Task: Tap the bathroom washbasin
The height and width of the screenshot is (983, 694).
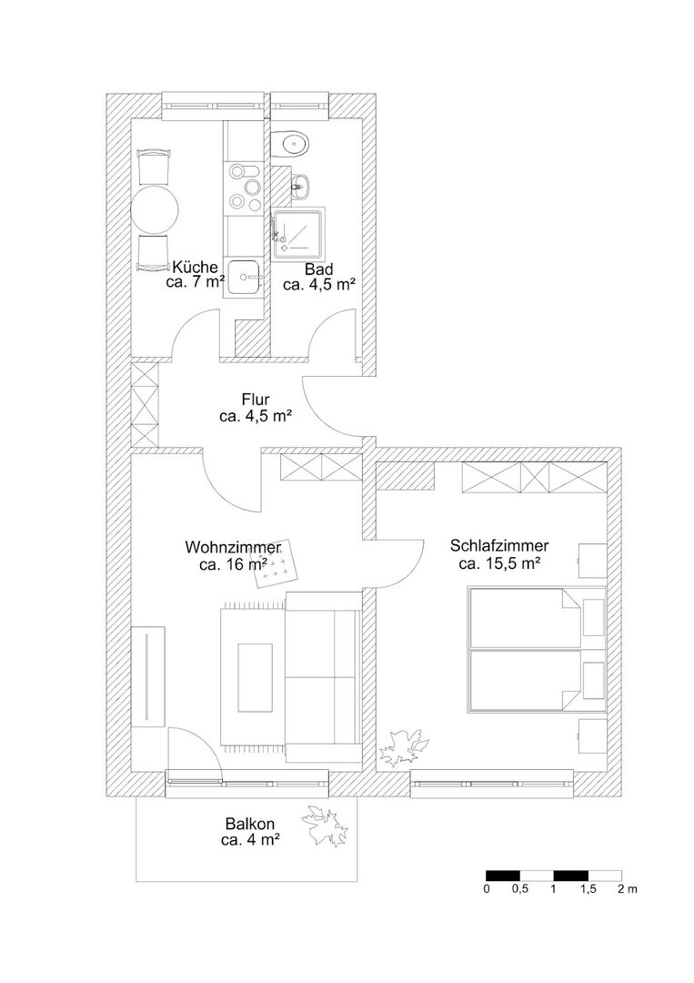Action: tap(301, 185)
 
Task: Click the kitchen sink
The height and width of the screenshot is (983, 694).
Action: tap(245, 277)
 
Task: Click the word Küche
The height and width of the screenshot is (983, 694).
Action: tap(196, 266)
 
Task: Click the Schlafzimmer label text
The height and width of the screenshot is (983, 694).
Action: tap(500, 546)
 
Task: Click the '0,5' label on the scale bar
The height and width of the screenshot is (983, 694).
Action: tap(520, 889)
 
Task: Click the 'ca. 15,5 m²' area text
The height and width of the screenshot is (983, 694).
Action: tap(500, 563)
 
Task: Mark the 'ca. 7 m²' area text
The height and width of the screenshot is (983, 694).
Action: tap(196, 282)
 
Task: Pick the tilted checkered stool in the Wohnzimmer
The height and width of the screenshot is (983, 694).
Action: tap(277, 563)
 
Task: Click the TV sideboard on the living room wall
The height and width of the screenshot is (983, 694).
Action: tap(148, 675)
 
